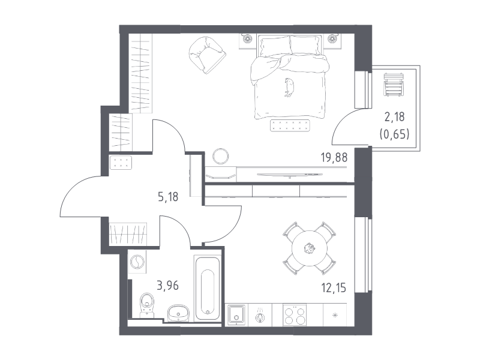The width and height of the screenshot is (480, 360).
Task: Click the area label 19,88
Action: coord(334,157)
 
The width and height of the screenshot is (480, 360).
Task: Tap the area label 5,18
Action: coord(168,197)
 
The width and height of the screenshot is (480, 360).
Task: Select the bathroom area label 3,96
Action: coord(168,286)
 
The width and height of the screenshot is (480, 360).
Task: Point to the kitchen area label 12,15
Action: coord(334,288)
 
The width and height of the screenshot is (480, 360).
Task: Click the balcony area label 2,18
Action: coord(395,116)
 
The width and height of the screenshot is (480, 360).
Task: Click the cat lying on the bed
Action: coord(289,87)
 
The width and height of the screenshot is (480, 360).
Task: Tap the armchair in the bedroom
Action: coord(207,55)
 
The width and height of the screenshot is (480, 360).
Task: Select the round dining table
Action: coord(310,248)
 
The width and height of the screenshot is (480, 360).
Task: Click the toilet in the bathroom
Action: coord(147,305)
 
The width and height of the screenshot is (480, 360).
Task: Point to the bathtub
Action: coord(207,288)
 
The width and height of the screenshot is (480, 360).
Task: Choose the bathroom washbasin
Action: coord(178,313)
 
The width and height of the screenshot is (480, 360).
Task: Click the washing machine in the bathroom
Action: coord(137,262)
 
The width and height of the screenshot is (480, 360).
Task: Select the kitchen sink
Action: coord(236,315)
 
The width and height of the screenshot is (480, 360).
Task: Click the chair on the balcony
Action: coord(394,85)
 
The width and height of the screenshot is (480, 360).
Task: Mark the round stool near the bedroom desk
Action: coord(220,156)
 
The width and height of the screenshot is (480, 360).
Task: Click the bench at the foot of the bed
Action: coord(290,125)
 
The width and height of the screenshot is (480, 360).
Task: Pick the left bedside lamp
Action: coord(247,38)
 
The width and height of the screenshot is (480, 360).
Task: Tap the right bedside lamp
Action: coord(332,38)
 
